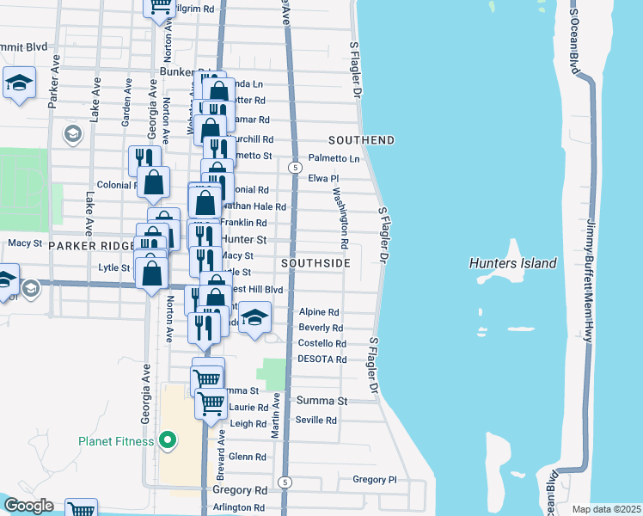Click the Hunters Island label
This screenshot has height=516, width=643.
pyautogui.click(x=513, y=263)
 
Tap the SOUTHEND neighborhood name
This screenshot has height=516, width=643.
pyautogui.click(x=361, y=140)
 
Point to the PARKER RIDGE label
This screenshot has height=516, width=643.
pyautogui.click(x=89, y=246)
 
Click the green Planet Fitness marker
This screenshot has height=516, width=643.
pyautogui.click(x=167, y=442)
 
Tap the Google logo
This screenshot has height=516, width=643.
pyautogui.click(x=28, y=506)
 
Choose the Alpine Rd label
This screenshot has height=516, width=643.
pyautogui.click(x=319, y=313)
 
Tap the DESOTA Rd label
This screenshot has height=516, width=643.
pyautogui.click(x=321, y=359)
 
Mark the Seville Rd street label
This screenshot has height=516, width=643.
pyautogui.click(x=316, y=420)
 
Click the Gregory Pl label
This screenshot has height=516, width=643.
pyautogui.click(x=374, y=479)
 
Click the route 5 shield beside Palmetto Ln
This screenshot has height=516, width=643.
pyautogui.click(x=294, y=167)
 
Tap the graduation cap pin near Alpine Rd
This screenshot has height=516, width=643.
pyautogui.click(x=254, y=317)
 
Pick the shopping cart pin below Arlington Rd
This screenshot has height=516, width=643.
pyautogui.click(x=81, y=510)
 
